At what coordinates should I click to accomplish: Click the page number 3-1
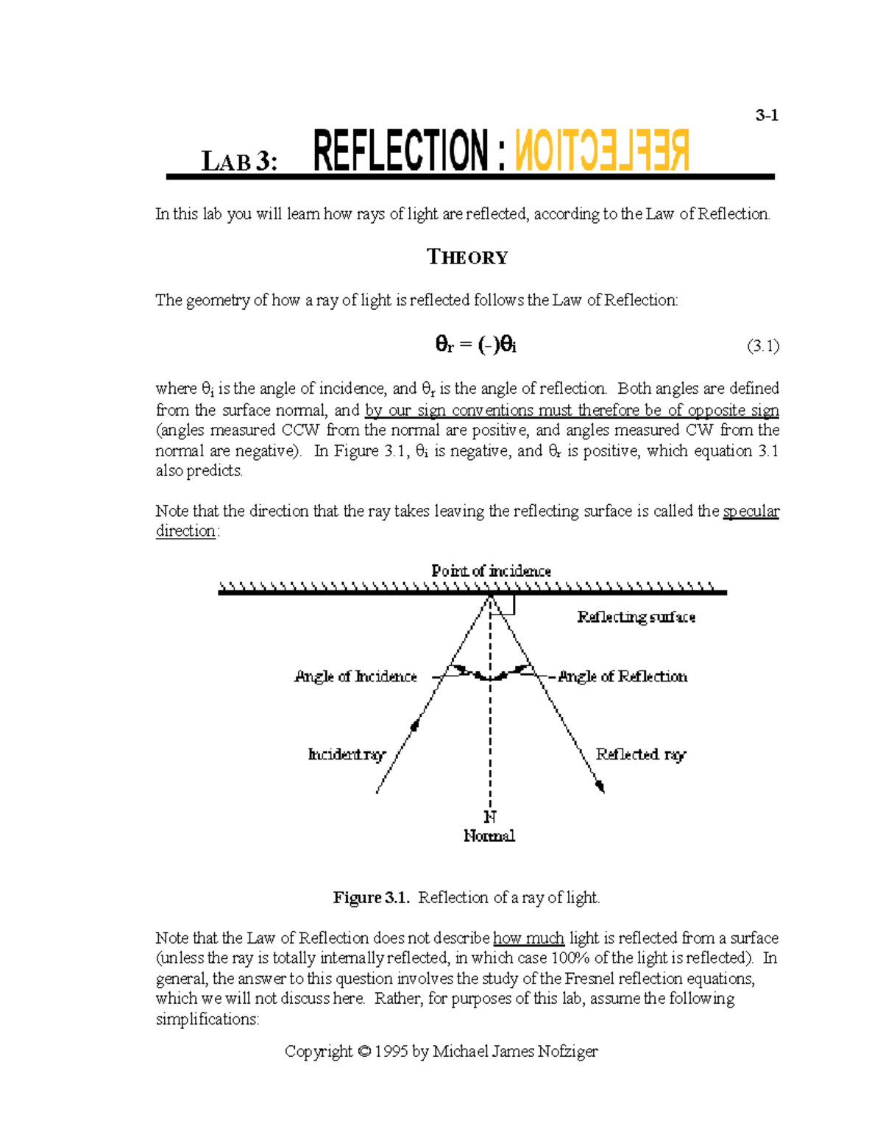point(767,116)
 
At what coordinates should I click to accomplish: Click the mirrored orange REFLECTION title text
point(602,151)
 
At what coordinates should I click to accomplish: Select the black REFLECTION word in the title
point(400,151)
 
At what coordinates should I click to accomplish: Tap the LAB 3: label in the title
point(240,161)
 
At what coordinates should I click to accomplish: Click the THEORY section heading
point(467,257)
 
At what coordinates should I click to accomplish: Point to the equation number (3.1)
point(762,345)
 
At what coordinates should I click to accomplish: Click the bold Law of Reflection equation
point(475,344)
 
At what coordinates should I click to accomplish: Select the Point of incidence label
point(491,570)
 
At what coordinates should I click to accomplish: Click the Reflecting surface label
point(636,617)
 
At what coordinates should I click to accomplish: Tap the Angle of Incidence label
point(355,676)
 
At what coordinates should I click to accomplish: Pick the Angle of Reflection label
point(623,676)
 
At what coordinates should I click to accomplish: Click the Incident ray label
point(346,754)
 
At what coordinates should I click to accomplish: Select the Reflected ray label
point(640,754)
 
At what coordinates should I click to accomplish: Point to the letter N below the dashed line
point(490,817)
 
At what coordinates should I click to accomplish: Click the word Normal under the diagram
point(489,836)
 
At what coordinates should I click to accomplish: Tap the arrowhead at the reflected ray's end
point(600,787)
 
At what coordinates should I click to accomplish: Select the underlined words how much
point(528,938)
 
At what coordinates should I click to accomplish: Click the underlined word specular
point(751,511)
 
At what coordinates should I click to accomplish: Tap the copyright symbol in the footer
point(364,1052)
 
